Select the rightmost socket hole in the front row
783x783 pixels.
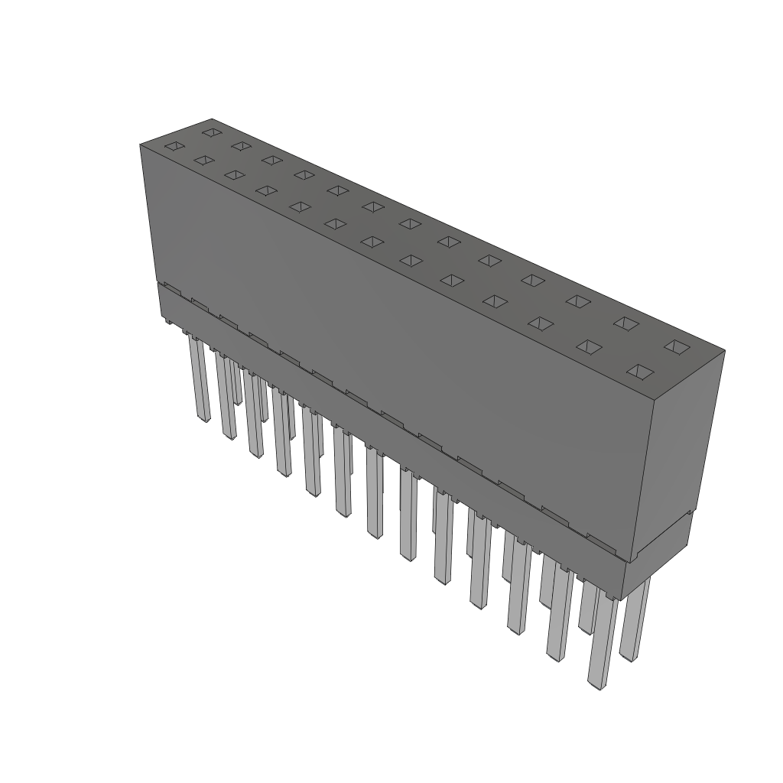point(640,372)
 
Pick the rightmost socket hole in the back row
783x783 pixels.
point(674,347)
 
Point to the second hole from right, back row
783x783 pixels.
point(625,323)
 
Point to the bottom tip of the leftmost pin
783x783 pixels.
point(203,420)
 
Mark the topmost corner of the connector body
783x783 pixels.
point(212,119)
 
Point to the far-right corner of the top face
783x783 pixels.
point(724,351)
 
